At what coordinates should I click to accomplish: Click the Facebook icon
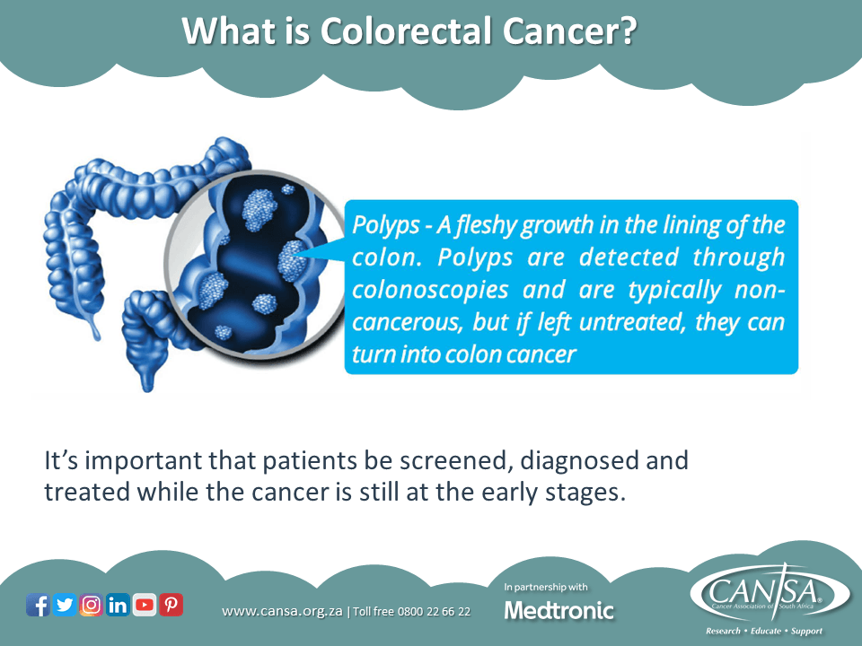[x=39, y=606]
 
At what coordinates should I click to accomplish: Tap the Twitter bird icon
[x=65, y=606]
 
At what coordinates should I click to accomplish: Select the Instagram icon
[x=92, y=606]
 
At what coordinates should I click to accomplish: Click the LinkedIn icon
[x=118, y=606]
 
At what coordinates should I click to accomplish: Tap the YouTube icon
[x=145, y=606]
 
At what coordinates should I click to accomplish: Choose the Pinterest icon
[x=171, y=606]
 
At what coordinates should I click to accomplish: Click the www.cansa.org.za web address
[x=283, y=612]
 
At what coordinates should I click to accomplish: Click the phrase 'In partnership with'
[x=547, y=587]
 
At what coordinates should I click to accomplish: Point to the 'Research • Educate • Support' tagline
[x=764, y=631]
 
